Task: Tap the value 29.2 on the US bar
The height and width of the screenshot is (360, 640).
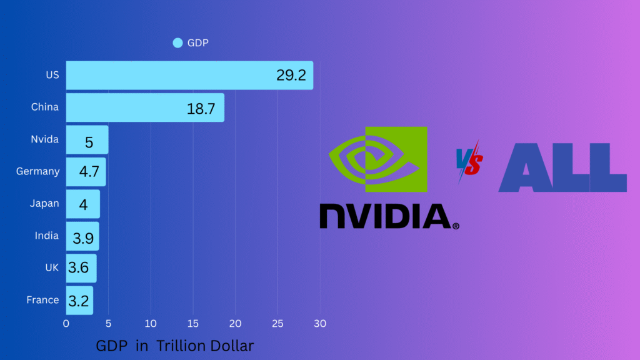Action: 291,76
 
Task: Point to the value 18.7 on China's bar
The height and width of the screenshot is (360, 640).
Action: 201,109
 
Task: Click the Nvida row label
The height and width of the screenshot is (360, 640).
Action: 45,139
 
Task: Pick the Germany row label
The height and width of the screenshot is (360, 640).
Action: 38,171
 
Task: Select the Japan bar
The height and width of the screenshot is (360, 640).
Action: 82,204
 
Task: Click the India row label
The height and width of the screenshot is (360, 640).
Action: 47,236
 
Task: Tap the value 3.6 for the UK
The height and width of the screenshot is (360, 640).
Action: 79,268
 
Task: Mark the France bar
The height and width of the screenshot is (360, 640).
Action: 79,300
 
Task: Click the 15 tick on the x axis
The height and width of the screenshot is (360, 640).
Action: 193,324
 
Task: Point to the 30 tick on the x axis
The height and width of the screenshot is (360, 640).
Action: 320,324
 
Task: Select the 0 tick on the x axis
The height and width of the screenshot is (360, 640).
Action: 66,324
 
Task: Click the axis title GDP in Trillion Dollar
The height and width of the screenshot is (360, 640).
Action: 175,346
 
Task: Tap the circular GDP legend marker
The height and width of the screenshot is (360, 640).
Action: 177,43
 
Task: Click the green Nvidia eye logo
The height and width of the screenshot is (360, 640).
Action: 377,159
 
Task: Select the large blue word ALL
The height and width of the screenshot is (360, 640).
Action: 562,167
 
